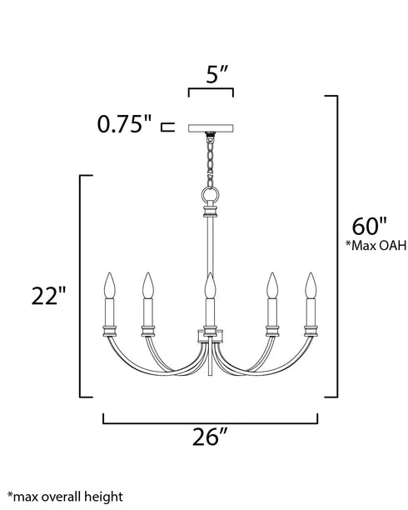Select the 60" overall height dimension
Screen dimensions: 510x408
coord(369,226)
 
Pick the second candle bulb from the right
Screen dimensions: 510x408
coord(270,287)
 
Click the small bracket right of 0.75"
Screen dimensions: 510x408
coord(166,127)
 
